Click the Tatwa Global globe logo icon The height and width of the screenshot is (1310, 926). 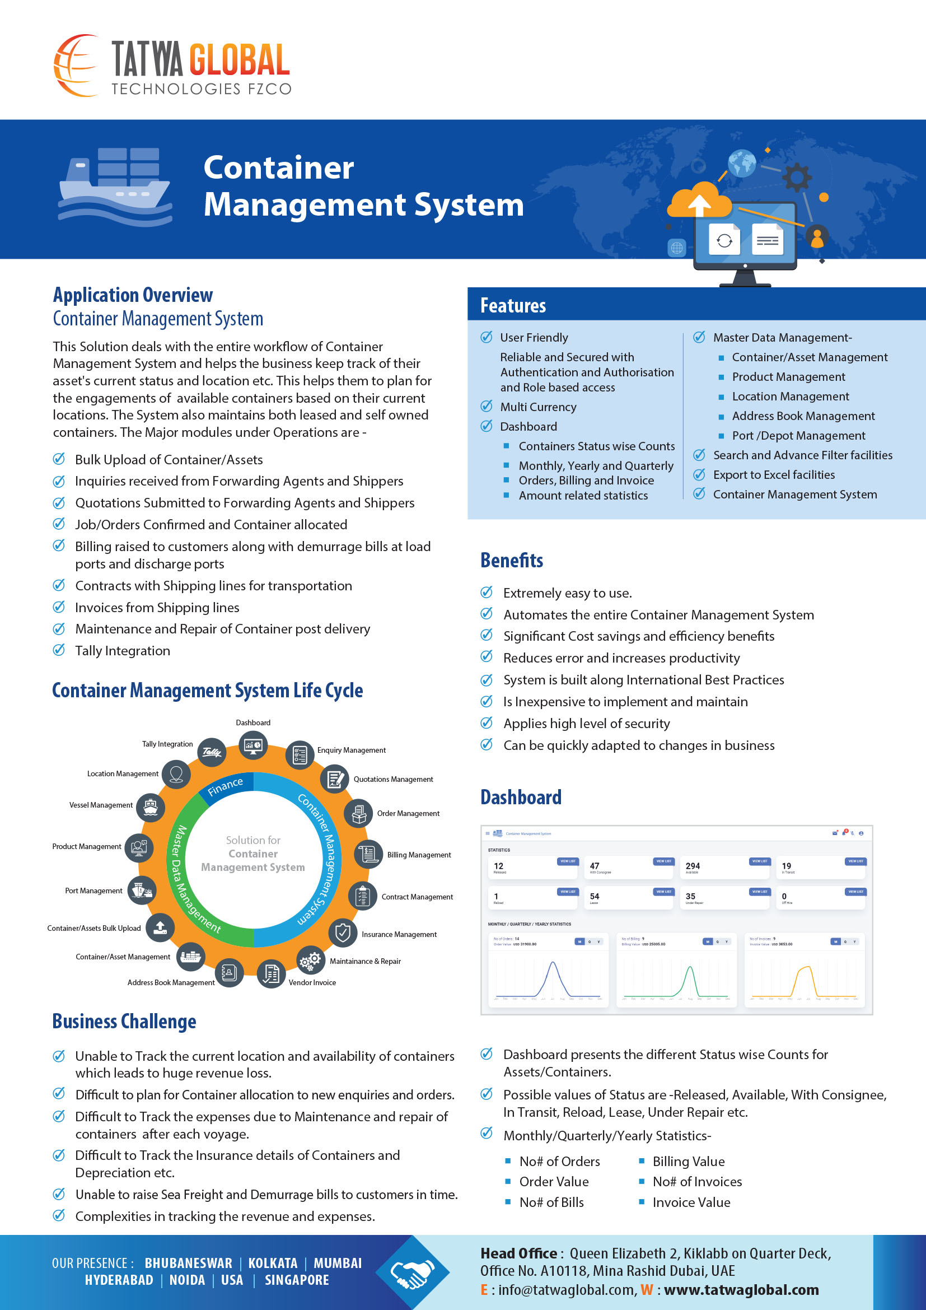pos(76,65)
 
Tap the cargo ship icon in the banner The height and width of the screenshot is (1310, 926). pos(115,185)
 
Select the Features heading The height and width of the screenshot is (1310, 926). pos(513,306)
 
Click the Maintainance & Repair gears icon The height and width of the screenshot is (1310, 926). pos(310,961)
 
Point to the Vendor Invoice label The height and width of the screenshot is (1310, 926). pos(312,982)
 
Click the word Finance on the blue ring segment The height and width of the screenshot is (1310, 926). pos(225,786)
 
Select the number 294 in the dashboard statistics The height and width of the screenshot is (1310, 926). pos(692,865)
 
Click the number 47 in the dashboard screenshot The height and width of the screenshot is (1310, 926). pos(594,865)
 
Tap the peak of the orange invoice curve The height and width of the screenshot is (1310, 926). pos(805,968)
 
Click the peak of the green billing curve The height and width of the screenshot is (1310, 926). pos(690,968)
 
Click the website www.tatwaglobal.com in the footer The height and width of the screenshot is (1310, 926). pos(741,1290)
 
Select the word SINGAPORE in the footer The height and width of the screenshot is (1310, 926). pos(297,1280)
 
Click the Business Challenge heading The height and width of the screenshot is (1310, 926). pos(124,1022)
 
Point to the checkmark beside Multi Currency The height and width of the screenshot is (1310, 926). pos(487,406)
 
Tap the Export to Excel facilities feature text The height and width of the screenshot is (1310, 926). pos(774,475)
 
